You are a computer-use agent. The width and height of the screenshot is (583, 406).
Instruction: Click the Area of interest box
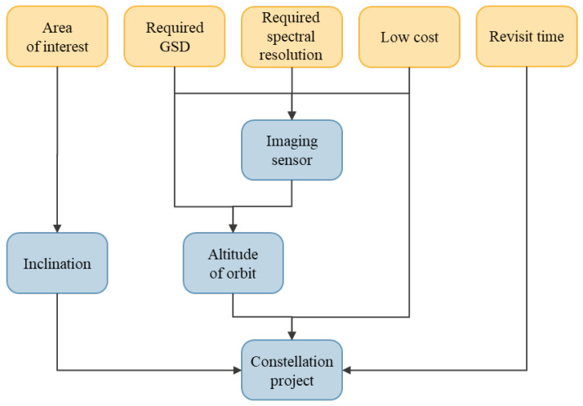[57, 37]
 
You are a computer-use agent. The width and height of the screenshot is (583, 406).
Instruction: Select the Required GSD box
[175, 37]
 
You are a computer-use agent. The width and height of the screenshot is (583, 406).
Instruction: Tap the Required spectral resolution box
[291, 37]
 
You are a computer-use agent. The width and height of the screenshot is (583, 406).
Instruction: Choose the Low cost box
[409, 37]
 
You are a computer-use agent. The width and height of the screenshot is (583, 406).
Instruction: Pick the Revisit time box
[527, 37]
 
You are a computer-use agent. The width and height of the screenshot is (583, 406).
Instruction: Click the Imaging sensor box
[291, 149]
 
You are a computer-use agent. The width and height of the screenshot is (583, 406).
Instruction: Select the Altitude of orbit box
[234, 263]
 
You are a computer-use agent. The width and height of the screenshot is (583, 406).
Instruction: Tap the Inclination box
[57, 263]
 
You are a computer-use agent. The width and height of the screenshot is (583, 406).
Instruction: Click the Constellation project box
[291, 370]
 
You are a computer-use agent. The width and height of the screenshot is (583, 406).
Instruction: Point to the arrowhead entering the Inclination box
[57, 229]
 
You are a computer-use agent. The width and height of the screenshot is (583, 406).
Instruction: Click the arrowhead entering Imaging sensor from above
[291, 116]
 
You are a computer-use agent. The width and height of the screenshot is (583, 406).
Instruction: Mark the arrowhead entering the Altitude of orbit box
[234, 229]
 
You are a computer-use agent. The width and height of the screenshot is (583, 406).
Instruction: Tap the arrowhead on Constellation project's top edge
[291, 336]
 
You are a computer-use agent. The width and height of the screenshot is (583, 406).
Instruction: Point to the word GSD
[175, 45]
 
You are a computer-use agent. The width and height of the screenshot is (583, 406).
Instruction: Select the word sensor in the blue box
[291, 159]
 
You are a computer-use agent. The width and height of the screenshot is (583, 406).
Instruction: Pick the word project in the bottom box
[291, 380]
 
